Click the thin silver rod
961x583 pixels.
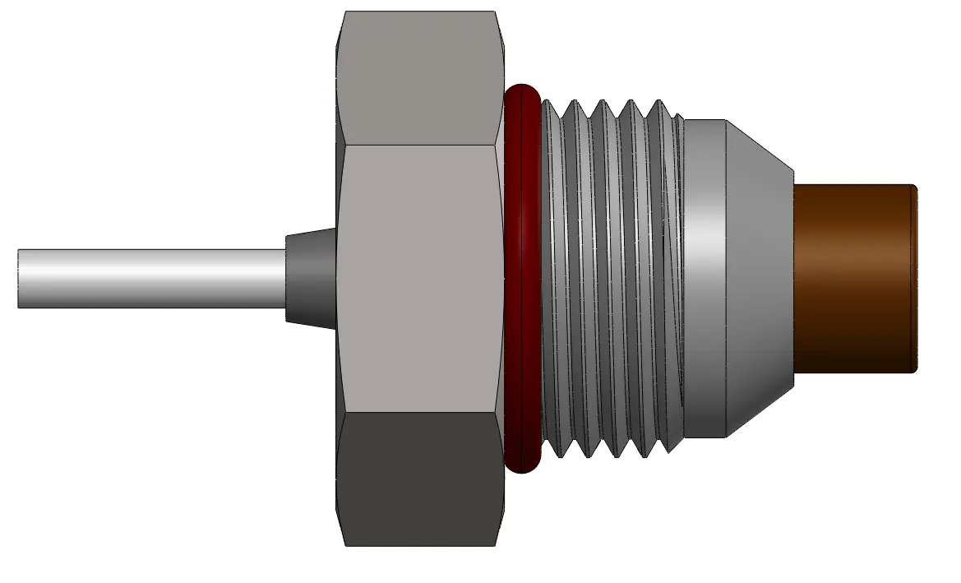click(148, 278)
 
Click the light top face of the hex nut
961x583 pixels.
click(419, 78)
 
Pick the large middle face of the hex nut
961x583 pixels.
click(419, 278)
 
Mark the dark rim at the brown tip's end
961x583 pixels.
click(912, 278)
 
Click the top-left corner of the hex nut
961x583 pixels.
click(345, 12)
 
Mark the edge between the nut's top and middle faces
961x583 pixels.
click(419, 146)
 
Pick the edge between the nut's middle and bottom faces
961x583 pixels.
click(419, 412)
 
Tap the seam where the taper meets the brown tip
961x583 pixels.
click(793, 278)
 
